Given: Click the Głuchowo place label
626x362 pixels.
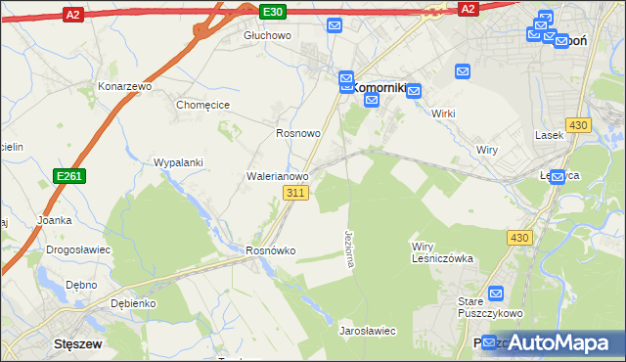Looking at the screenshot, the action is click(267, 35).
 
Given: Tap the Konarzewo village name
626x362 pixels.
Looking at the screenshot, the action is click(125, 86).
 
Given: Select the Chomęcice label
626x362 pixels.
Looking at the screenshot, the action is click(201, 106).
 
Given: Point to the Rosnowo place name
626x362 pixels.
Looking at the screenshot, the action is click(298, 133).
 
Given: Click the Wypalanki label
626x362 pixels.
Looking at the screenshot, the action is click(178, 162).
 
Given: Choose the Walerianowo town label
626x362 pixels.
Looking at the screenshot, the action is click(277, 177).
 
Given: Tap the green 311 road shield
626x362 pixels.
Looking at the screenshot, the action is click(297, 194).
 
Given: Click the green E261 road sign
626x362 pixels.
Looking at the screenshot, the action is click(67, 175).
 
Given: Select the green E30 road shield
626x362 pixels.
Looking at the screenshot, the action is click(273, 11).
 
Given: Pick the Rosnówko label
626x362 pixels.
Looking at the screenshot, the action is click(270, 251).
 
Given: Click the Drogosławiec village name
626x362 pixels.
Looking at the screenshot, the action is click(78, 249).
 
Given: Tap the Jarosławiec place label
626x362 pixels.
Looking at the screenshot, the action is click(367, 332).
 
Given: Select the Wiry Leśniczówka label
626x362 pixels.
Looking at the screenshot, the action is click(442, 252).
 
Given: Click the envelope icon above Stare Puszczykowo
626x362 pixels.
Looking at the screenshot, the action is click(495, 293).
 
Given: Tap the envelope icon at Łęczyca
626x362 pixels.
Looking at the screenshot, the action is click(558, 177).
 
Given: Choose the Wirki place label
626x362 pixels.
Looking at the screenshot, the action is click(443, 113).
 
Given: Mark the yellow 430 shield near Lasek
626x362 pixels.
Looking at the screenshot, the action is click(578, 125).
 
